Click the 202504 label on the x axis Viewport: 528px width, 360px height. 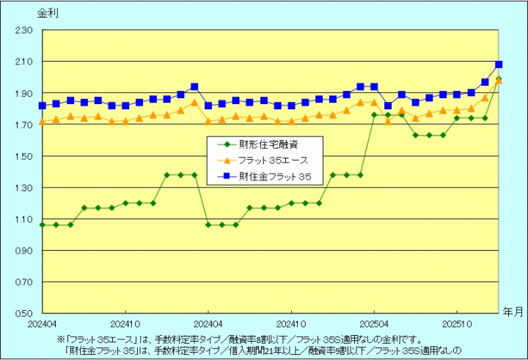click(x=374, y=323)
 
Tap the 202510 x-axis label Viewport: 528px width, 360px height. click(x=457, y=323)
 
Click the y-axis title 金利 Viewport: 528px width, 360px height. click(x=45, y=12)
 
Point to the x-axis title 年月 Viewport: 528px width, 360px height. click(x=513, y=311)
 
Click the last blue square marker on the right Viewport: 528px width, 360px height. click(x=499, y=65)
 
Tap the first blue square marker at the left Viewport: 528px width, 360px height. click(x=42, y=106)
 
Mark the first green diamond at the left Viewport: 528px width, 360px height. click(x=42, y=224)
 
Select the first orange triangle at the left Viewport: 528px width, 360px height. click(x=42, y=122)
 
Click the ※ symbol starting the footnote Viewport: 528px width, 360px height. click(x=61, y=339)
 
